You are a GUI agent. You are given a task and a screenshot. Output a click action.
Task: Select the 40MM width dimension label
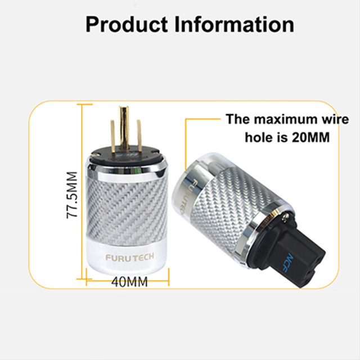point(129,281)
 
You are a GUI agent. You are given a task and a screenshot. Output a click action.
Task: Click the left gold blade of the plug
point(112,139)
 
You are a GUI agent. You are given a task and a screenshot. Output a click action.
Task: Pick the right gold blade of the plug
point(138,136)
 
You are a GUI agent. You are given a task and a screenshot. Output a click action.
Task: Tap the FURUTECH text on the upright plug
point(129,258)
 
